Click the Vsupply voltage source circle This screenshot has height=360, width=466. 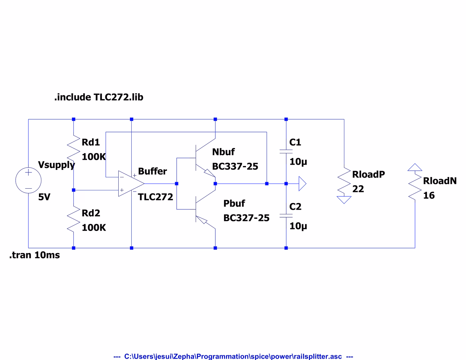point(28,180)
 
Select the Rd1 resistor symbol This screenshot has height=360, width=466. point(74,148)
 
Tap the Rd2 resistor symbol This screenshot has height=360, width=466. point(74,219)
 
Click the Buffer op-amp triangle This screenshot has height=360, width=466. point(130,184)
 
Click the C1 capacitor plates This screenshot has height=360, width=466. point(286,151)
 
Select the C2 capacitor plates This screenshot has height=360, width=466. point(286,216)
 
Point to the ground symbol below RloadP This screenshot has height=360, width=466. point(344,200)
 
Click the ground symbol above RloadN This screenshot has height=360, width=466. point(415,167)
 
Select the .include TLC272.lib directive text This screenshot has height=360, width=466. point(99,97)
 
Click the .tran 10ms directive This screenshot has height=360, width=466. point(35,255)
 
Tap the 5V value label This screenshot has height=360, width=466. point(44,197)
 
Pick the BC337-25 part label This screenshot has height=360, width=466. point(235,166)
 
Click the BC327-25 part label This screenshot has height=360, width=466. point(246,218)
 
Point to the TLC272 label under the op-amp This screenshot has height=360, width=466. point(155,197)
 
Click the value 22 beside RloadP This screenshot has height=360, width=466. point(358,189)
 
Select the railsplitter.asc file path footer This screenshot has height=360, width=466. point(233,356)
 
